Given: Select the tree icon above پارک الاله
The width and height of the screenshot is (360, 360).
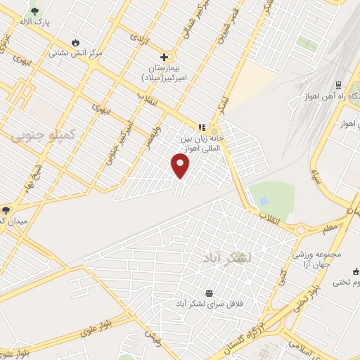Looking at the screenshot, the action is (34, 12).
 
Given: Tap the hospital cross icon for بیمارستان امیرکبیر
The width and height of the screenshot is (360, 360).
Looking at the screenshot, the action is (165, 57).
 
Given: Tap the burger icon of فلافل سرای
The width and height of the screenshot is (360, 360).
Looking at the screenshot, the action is (209, 293).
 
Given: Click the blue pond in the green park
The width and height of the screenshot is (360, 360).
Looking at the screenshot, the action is (264, 201).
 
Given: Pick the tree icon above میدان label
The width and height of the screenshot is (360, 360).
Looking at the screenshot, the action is (6, 210).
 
